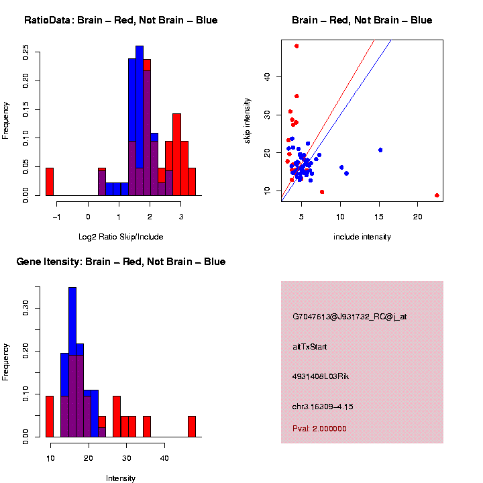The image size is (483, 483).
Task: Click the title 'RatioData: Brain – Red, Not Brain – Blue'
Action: tap(121, 21)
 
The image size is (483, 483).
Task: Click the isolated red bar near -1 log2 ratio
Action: tap(50, 182)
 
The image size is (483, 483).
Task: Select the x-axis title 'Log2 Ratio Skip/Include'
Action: tap(121, 237)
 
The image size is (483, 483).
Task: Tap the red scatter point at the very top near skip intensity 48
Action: tap(297, 46)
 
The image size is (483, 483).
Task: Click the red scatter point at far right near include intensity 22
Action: tap(437, 195)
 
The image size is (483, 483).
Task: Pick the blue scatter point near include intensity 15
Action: tap(380, 150)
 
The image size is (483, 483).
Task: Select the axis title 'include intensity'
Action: tap(362, 237)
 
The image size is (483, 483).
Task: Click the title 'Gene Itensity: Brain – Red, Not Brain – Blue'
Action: tap(121, 262)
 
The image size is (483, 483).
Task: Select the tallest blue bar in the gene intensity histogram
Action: tap(72, 362)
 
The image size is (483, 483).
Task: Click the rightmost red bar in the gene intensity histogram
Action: tap(192, 427)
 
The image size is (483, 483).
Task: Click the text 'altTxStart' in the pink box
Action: tap(309, 347)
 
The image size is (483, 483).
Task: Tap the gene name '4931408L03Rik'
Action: tap(321, 376)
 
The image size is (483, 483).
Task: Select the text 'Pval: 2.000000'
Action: tap(319, 429)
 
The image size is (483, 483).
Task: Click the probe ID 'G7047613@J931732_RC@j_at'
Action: tap(350, 317)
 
